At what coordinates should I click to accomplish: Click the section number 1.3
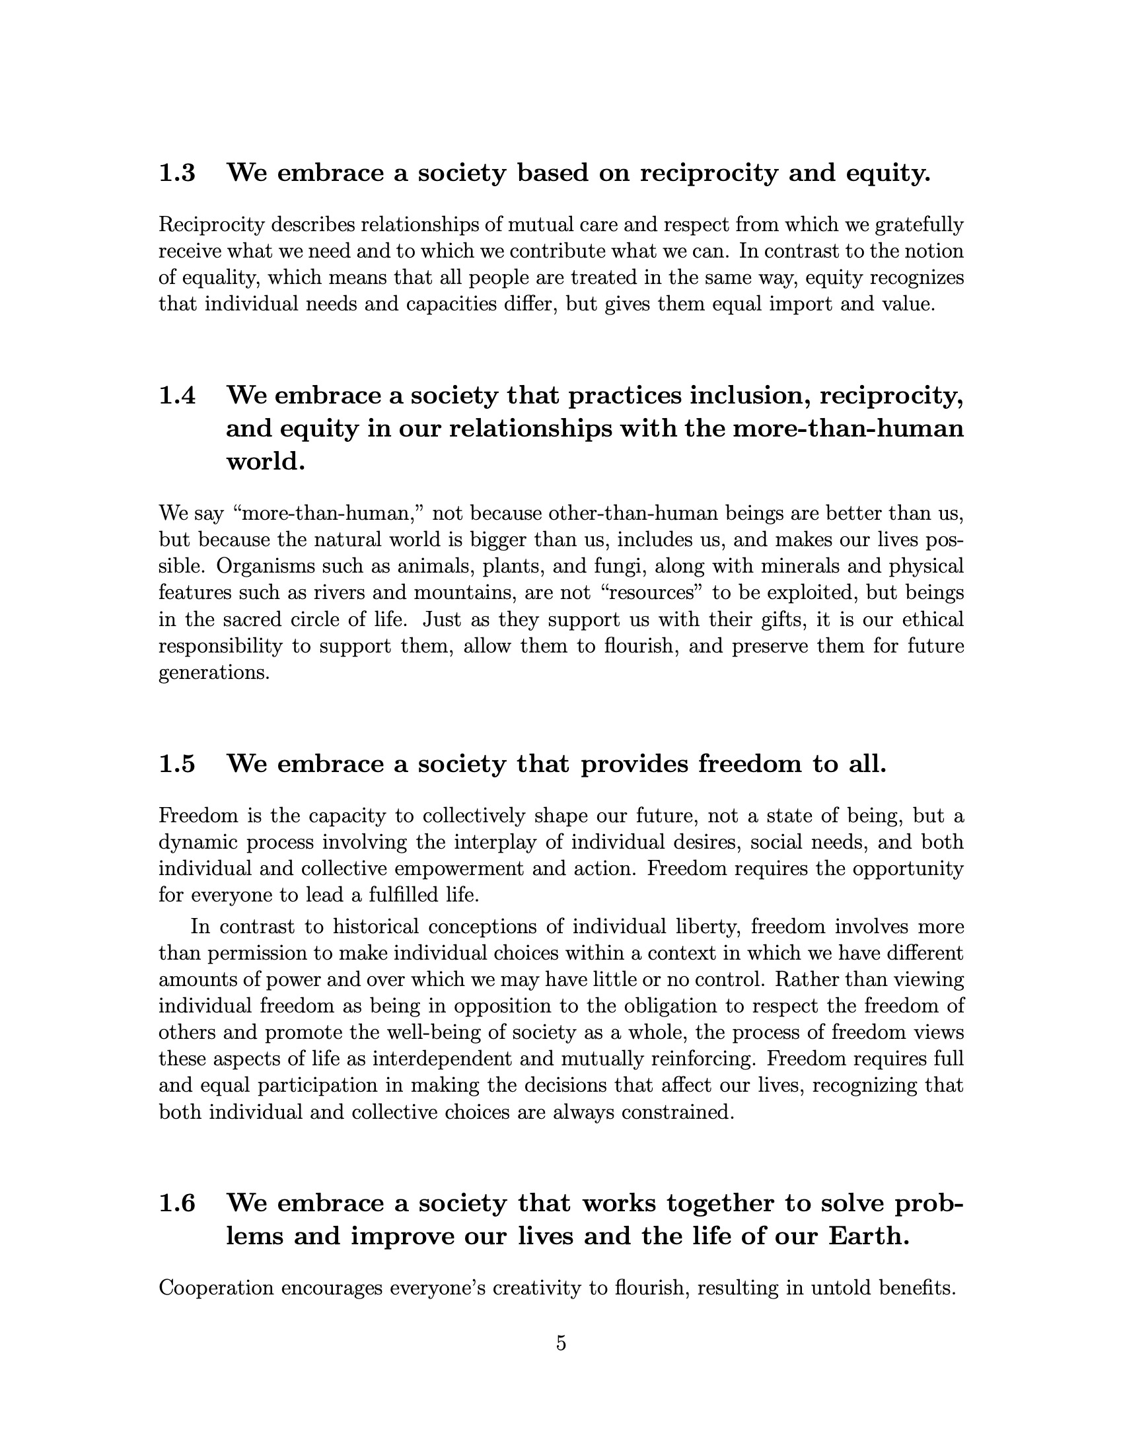point(177,174)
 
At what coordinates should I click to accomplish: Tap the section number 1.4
point(177,396)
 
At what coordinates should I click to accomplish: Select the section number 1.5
point(177,764)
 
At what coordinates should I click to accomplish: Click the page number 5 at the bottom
point(561,1343)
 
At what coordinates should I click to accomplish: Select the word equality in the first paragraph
point(217,278)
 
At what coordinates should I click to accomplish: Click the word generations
point(213,673)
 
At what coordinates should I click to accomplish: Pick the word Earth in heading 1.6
point(867,1237)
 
